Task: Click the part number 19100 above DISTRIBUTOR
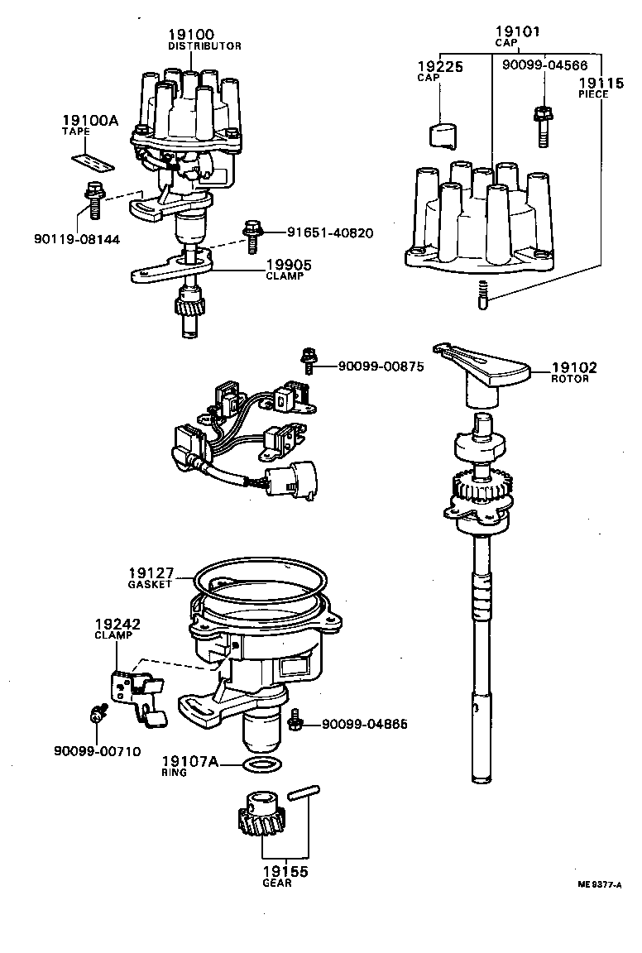(190, 34)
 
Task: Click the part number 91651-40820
(329, 233)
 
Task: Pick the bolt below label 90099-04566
(543, 125)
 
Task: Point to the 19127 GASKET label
(150, 577)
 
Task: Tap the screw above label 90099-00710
(96, 716)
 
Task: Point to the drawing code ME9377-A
(599, 884)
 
